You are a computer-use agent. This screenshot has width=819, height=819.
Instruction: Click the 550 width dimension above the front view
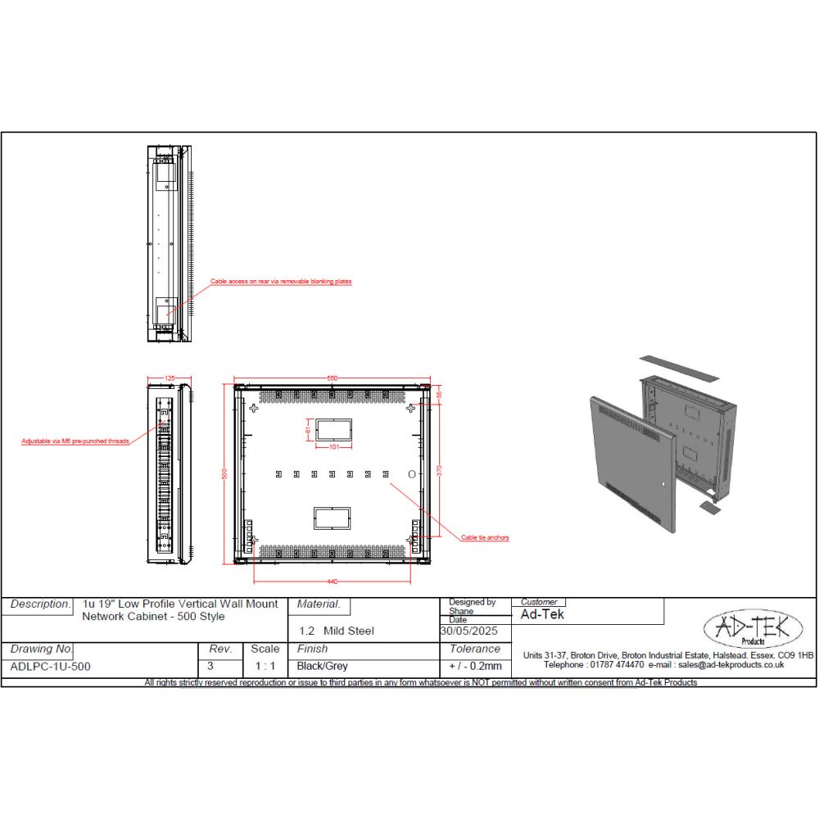[333, 378]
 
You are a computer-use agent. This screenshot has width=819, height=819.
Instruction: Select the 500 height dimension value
[223, 474]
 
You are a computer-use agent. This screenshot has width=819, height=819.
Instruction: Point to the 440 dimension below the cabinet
[333, 581]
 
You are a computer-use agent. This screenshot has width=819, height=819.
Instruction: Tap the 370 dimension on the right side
[441, 474]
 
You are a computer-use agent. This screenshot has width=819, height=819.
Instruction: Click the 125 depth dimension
[170, 378]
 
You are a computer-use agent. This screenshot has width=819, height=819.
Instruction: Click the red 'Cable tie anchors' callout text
[485, 538]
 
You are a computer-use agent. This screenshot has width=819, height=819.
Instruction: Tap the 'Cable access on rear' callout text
[281, 281]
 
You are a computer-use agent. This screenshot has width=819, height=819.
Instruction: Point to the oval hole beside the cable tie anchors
[412, 474]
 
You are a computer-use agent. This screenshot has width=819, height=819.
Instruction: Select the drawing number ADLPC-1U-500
[51, 667]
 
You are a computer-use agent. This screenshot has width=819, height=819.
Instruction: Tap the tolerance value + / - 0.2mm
[475, 667]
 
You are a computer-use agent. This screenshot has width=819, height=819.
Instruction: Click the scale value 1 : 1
[265, 667]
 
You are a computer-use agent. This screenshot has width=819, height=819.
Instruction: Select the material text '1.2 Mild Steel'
[336, 631]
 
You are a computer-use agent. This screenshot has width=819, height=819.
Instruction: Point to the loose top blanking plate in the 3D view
[678, 368]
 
